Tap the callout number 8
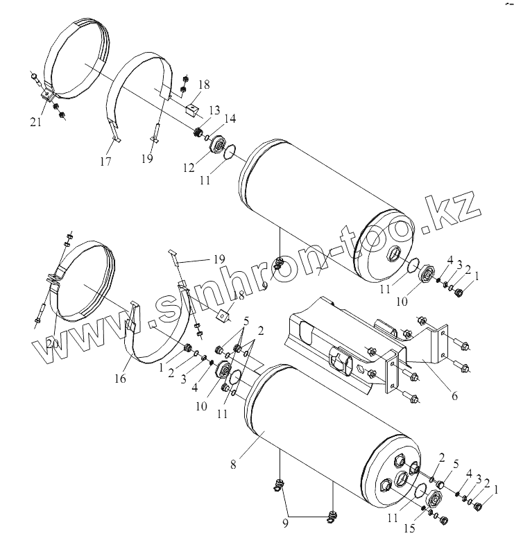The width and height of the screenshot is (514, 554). pos(233,465)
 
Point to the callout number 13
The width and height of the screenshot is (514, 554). pos(213,111)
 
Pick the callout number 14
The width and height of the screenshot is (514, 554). pos(230,119)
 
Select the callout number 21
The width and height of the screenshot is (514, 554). pos(36,123)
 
